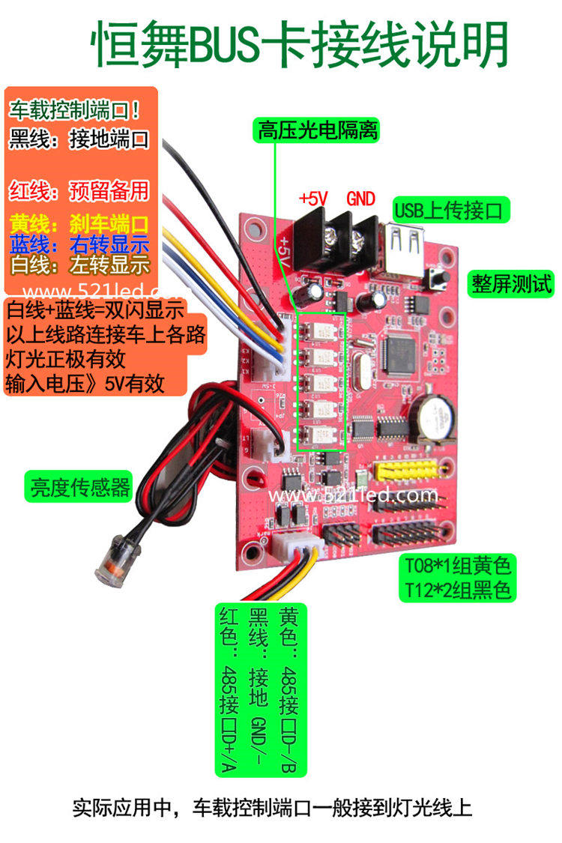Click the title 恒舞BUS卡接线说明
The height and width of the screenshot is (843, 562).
[x=300, y=45]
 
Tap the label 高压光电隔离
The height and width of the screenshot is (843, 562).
[x=318, y=132]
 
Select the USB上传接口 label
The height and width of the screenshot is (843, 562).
[x=451, y=208]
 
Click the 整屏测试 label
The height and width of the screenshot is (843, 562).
[x=512, y=284]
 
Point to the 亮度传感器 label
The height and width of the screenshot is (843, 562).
[x=79, y=488]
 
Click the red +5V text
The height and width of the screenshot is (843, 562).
[x=314, y=199]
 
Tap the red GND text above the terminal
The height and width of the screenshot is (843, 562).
[x=360, y=199]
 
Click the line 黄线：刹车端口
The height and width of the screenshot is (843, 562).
[x=79, y=223]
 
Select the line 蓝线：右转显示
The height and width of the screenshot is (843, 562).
[x=79, y=244]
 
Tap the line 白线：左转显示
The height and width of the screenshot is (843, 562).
[x=79, y=265]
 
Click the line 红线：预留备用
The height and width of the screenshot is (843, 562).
[x=79, y=190]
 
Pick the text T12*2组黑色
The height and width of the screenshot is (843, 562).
[x=458, y=590]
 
